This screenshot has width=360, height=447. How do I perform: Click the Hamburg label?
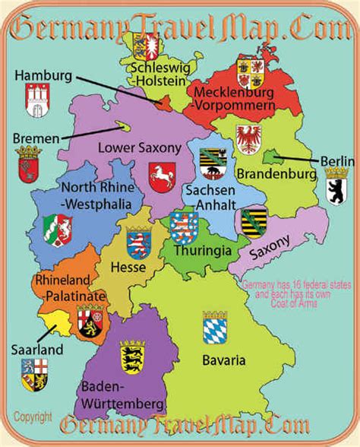(43, 76)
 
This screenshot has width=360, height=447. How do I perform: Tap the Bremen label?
(36, 138)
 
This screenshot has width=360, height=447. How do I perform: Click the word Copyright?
(33, 417)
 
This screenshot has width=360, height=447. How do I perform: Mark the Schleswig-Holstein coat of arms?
(144, 46)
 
